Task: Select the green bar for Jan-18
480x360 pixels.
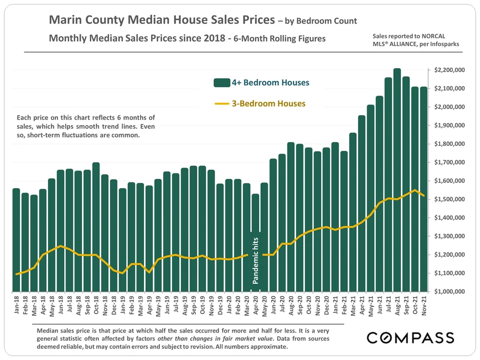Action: click(x=16, y=240)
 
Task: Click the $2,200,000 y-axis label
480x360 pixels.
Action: click(x=449, y=70)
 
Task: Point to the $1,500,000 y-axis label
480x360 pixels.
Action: click(x=449, y=199)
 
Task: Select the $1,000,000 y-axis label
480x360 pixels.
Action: click(x=449, y=291)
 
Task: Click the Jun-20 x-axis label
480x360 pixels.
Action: click(x=273, y=307)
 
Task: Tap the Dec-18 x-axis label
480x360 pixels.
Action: click(x=114, y=307)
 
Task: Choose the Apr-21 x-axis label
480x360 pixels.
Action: click(x=362, y=307)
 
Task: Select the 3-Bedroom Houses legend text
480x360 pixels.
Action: click(x=269, y=103)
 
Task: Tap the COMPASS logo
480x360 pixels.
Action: click(x=410, y=337)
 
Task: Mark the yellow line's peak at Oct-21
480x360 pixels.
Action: click(x=415, y=190)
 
